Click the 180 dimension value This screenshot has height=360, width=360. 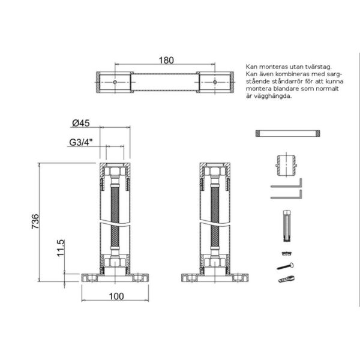[x=166, y=60]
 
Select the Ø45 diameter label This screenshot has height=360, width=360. [x=81, y=123]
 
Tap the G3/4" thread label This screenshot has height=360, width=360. [x=81, y=142]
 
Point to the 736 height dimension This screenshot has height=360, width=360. [x=35, y=221]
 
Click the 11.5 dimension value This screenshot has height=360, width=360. [x=61, y=248]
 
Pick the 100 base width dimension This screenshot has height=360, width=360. [x=116, y=296]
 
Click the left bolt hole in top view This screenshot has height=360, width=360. [x=115, y=82]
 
